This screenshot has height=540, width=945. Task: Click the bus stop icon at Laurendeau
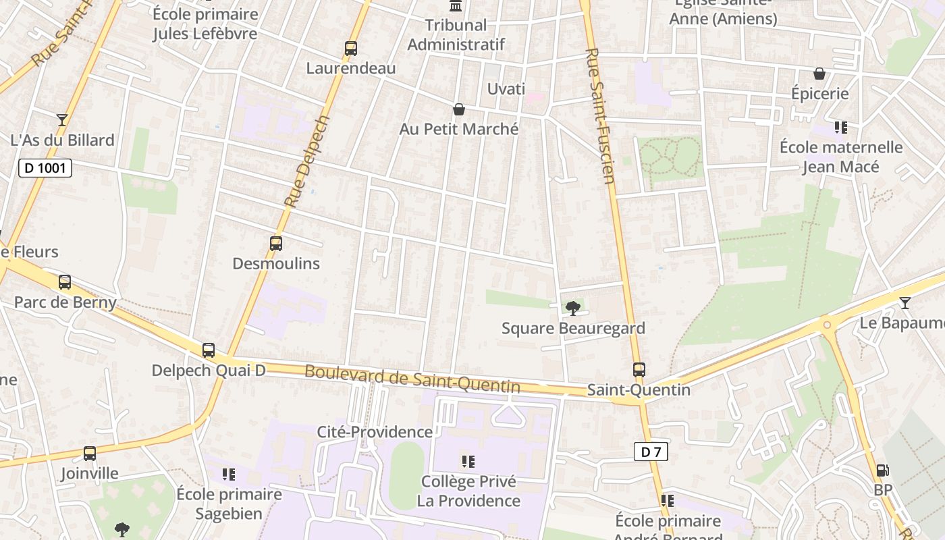tap(351, 49)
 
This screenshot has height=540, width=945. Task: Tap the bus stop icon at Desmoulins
tap(276, 244)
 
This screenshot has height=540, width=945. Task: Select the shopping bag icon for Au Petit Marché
tap(459, 109)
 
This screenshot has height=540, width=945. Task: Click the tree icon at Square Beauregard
tap(573, 308)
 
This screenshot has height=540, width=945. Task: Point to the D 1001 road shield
tap(45, 167)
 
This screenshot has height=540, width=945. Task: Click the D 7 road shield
tap(651, 452)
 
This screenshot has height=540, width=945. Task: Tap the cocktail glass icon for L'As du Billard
tap(62, 120)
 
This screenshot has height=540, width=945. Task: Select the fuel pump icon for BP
tap(882, 470)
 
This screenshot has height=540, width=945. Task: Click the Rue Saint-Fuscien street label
tap(600, 115)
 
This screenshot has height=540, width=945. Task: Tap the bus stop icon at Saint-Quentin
tap(639, 370)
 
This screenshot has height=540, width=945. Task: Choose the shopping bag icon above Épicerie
tap(819, 74)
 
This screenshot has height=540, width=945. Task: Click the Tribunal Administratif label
tap(456, 35)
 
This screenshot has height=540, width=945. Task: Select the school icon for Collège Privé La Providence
tap(468, 462)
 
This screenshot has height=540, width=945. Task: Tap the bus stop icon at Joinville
tap(90, 454)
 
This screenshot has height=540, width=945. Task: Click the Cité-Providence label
tap(375, 432)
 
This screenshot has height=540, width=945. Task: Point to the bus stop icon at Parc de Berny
tap(65, 282)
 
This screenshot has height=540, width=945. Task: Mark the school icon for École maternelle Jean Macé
tap(840, 127)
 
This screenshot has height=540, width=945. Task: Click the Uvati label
tap(506, 89)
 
